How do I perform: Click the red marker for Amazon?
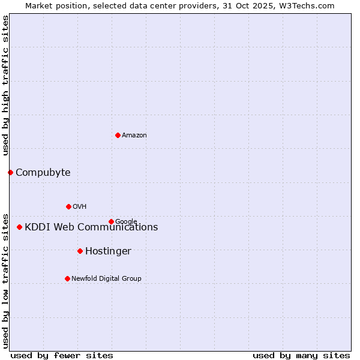[118, 135]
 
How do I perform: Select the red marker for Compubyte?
[10, 173]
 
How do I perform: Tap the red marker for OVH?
[68, 206]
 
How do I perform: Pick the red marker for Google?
[111, 221]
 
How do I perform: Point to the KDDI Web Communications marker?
[20, 227]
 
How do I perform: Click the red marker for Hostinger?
[80, 251]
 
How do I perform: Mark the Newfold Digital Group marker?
[67, 278]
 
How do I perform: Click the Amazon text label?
[134, 136]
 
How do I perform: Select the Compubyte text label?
[43, 173]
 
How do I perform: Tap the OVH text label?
[80, 207]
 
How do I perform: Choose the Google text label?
[126, 221]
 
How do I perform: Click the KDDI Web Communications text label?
[91, 227]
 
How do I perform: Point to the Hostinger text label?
[108, 251]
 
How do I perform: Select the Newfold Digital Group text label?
[106, 278]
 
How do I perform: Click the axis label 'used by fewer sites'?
[62, 355]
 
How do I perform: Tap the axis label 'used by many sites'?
[301, 355]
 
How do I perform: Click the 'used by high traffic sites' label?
[5, 85]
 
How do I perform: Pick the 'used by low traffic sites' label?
[5, 280]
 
